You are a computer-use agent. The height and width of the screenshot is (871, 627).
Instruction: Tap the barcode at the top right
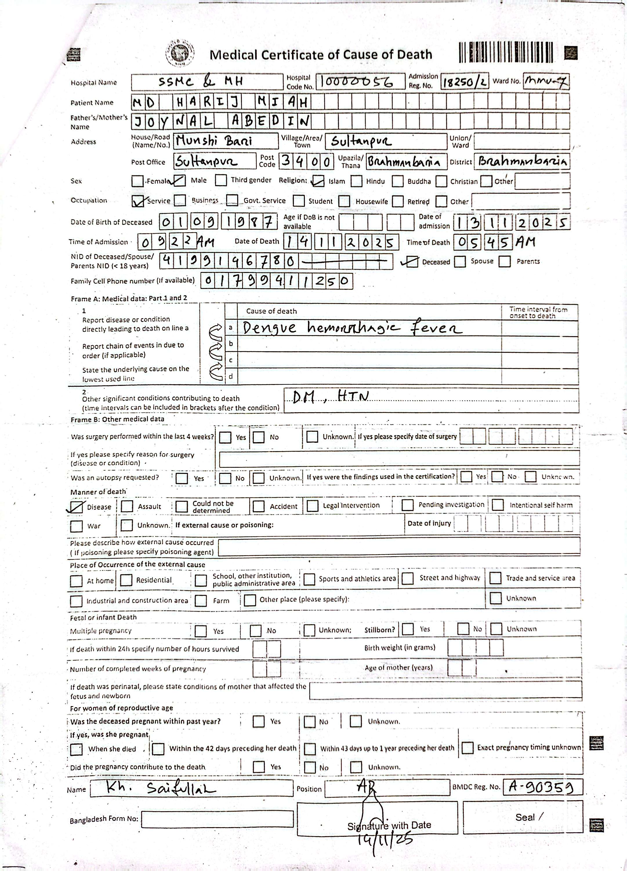[506, 52]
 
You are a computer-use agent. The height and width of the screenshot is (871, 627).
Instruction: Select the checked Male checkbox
[179, 181]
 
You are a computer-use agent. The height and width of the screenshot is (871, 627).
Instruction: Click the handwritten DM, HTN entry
[330, 396]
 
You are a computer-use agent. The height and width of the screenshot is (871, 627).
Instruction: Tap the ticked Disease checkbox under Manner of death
[76, 507]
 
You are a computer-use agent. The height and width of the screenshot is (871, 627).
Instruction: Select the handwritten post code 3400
[305, 161]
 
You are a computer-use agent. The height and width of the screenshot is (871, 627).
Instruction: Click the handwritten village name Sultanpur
[361, 141]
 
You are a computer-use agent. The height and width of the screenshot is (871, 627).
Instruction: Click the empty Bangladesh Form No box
[217, 819]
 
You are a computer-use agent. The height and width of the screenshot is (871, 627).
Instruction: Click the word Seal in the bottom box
[525, 818]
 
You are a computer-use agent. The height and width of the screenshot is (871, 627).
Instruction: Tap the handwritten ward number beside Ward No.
[546, 81]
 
